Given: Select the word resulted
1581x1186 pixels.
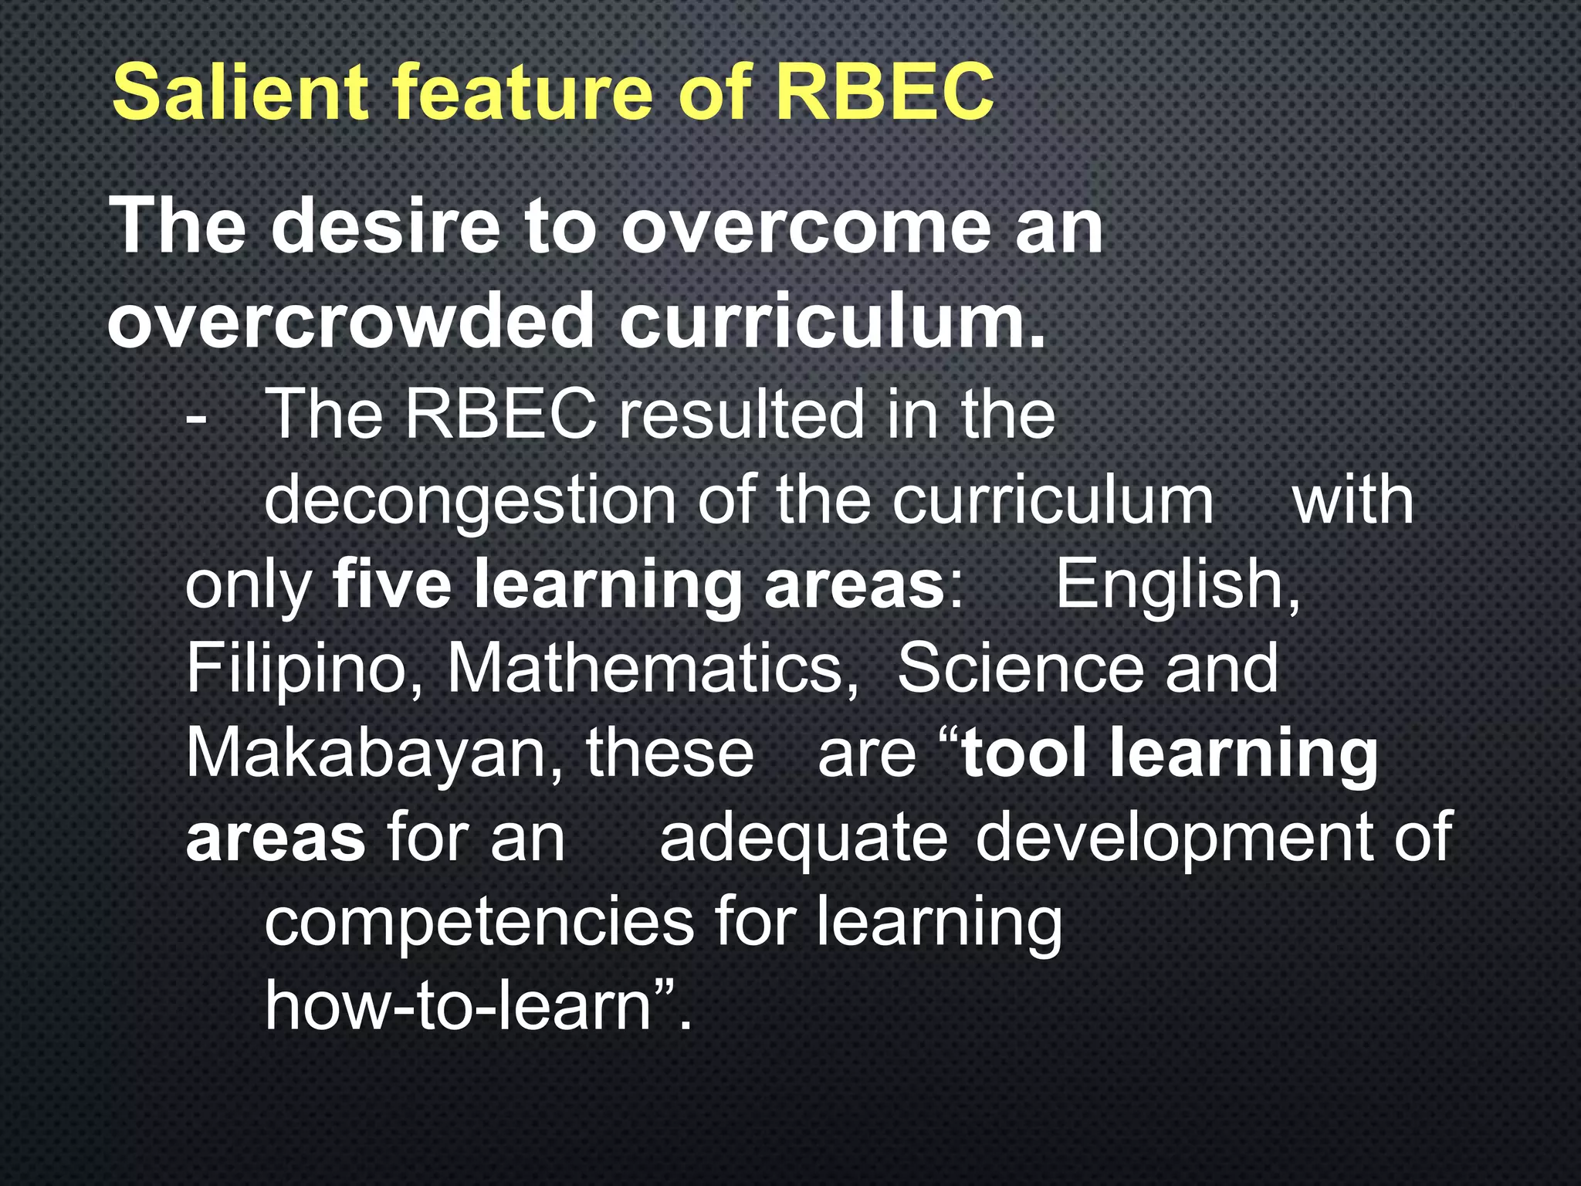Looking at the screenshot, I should click(x=741, y=415).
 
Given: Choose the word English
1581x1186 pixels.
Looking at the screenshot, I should click(x=1177, y=585).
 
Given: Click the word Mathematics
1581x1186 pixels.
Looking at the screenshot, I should click(x=653, y=669).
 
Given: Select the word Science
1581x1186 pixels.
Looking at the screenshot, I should click(x=1020, y=669).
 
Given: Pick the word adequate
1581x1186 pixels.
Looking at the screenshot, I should click(x=803, y=838).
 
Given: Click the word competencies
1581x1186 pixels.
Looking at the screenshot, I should click(x=479, y=922).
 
